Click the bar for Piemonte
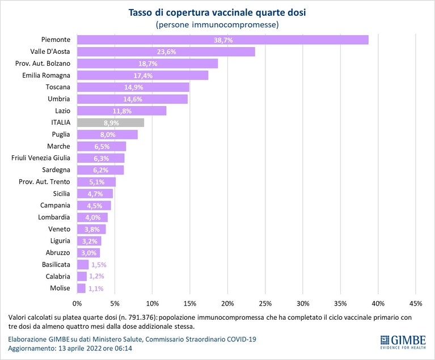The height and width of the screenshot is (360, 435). pos(223,40)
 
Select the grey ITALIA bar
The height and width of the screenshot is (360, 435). pos(111,122)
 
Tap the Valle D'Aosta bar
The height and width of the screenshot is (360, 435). pos(166,52)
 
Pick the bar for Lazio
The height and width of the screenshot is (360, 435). pos(121,111)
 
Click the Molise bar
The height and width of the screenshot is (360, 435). pos(81,289)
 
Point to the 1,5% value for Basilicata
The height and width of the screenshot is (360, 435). pos(99,265)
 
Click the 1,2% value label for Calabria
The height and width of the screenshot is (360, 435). pos(96,277)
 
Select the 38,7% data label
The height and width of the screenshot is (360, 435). pos(223,40)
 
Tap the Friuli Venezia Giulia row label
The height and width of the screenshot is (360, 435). pos(41,158)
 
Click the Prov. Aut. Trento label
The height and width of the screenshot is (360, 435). pos(44,182)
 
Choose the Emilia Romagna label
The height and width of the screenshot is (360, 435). pos(47,75)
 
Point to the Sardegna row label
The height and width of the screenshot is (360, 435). pos(56,170)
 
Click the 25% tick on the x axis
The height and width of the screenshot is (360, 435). pos(265,304)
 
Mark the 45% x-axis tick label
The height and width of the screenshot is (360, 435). pos(416,304)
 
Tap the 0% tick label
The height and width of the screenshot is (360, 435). pos(77,304)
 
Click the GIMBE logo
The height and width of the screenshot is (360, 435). pos(403,342)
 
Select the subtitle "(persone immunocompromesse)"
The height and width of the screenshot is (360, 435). pos(217,25)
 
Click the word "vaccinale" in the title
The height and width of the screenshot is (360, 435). pos(232,13)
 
